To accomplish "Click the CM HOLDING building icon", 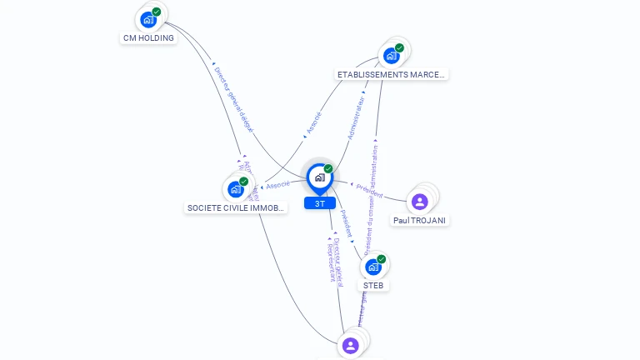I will point(148,19).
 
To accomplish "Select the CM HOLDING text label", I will point(148,37).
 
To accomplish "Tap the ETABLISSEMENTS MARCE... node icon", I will point(391,56).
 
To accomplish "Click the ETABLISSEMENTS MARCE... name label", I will point(391,74).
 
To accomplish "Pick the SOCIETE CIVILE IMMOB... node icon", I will point(235,189).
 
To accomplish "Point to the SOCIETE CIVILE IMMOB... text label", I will point(237,207).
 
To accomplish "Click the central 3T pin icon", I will point(320,177).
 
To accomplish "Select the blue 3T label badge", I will point(320,202).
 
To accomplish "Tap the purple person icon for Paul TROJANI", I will point(420,201).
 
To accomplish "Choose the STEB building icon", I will point(373,267).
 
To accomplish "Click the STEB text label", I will point(373,285).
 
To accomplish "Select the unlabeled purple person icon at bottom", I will point(351,345).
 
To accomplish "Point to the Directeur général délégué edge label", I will point(233,100).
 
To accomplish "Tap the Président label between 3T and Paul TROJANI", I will point(370,189).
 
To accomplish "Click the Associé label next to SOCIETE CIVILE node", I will point(277,184).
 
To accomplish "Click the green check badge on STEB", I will point(382,259).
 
